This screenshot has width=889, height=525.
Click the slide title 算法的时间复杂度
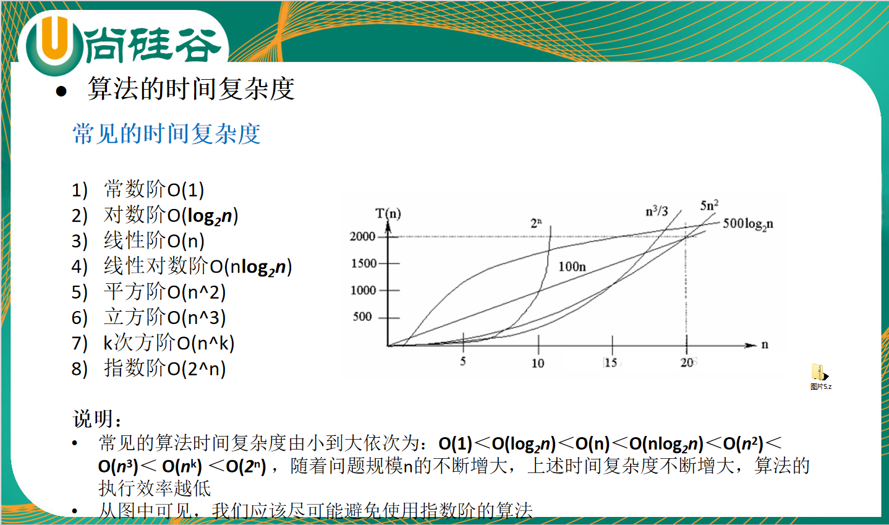click(x=191, y=88)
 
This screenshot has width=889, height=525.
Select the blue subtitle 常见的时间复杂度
click(x=166, y=134)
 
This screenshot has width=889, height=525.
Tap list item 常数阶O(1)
click(x=153, y=189)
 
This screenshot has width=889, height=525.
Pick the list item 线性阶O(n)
click(x=153, y=241)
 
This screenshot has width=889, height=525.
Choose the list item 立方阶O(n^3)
click(x=164, y=317)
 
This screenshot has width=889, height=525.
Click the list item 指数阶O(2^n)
click(x=164, y=369)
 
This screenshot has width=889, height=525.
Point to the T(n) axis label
click(x=388, y=214)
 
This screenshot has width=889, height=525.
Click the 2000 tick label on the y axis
click(x=362, y=236)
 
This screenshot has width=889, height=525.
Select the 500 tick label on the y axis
click(x=362, y=317)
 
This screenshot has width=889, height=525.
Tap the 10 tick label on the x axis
click(x=538, y=363)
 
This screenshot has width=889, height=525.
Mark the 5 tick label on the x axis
click(x=463, y=362)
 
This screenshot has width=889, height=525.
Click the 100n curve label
click(x=572, y=267)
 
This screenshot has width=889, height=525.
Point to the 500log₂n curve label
click(x=747, y=224)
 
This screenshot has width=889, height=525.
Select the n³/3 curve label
click(x=657, y=211)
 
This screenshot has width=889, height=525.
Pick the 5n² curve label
click(x=709, y=205)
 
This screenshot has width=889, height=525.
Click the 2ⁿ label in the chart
click(x=536, y=223)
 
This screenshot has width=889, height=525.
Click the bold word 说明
click(x=92, y=419)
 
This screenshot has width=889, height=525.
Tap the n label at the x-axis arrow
click(x=765, y=345)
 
